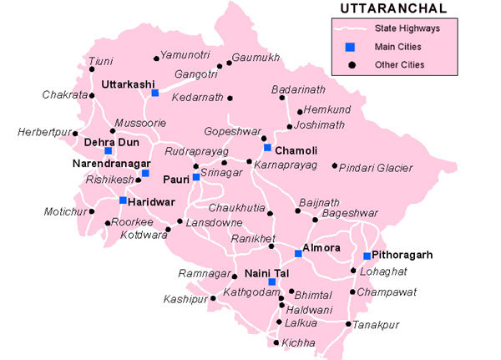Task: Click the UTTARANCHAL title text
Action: [x=393, y=9]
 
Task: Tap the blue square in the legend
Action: [x=353, y=47]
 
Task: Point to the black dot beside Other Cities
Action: [x=353, y=64]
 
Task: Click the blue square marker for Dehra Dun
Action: [x=108, y=151]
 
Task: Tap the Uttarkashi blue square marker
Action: [x=154, y=94]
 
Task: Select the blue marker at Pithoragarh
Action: [x=367, y=256]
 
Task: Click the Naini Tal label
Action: [x=266, y=273]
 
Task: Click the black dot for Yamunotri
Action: [x=155, y=58]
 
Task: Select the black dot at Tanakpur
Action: [x=348, y=323]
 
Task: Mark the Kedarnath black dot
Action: [x=230, y=98]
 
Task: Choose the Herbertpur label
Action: [x=43, y=132]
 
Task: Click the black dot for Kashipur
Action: [x=211, y=298]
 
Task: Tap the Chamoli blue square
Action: [x=267, y=148]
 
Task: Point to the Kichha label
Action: [x=299, y=342]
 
